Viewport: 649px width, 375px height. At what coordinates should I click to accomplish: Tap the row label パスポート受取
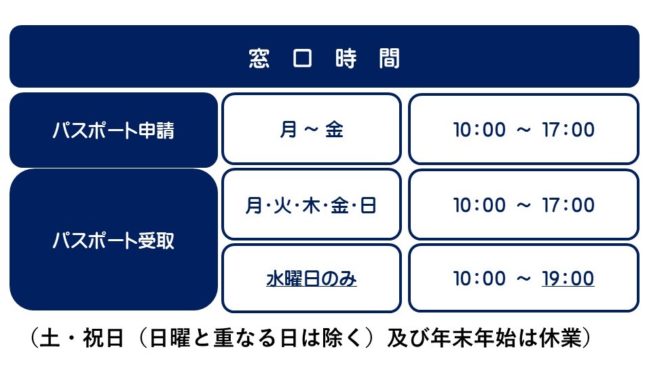[113, 240]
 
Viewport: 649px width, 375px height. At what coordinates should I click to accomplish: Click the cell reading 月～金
[312, 130]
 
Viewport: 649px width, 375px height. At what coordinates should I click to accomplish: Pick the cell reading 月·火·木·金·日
[312, 205]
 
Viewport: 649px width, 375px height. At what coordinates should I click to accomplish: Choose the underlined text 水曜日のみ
[312, 279]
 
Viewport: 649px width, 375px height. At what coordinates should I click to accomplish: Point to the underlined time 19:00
[568, 279]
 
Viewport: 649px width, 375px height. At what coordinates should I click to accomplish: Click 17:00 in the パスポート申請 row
[568, 130]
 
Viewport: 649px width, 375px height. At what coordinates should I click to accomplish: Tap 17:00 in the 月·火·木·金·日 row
[568, 205]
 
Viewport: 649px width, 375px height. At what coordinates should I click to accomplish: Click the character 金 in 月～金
[334, 130]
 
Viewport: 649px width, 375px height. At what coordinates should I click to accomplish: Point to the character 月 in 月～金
[289, 130]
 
